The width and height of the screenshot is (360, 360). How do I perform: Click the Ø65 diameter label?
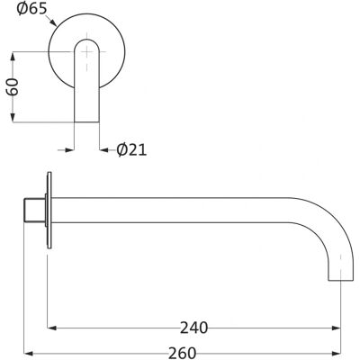pyautogui.click(x=32, y=8)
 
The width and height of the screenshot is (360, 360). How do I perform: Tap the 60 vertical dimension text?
pyautogui.click(x=13, y=86)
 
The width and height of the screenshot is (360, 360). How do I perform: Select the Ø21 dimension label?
pyautogui.click(x=131, y=149)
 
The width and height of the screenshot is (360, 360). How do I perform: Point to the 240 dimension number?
pyautogui.click(x=193, y=328)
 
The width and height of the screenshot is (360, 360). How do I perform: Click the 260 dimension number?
pyautogui.click(x=182, y=353)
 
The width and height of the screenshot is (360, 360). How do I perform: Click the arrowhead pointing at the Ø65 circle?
pyautogui.click(x=53, y=22)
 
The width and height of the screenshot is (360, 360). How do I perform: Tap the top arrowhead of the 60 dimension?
pyautogui.click(x=13, y=57)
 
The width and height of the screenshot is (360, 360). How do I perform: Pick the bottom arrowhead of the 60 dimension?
pyautogui.click(x=13, y=118)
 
